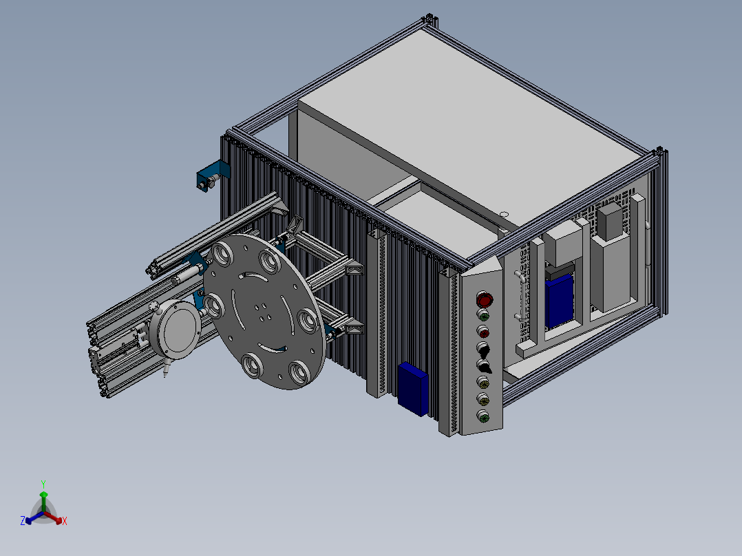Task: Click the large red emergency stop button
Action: [x=484, y=299]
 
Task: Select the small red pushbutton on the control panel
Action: [x=483, y=332]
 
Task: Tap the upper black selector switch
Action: [x=483, y=350]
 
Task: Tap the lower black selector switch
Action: [x=484, y=366]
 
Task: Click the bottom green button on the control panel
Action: [x=483, y=416]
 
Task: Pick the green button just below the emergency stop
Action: [x=483, y=315]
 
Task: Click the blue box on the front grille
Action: [x=413, y=389]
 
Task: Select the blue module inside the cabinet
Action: [x=559, y=301]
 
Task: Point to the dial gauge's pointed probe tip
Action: [x=165, y=376]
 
